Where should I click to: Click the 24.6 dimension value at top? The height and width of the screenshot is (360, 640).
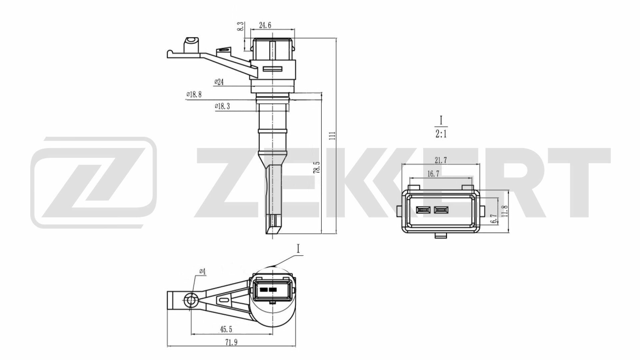click(265, 25)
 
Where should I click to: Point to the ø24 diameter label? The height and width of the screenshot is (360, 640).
click(219, 82)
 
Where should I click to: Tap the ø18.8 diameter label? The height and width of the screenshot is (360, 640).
click(194, 95)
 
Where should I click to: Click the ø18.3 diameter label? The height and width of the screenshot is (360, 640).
click(222, 106)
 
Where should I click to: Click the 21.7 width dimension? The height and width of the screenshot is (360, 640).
click(441, 160)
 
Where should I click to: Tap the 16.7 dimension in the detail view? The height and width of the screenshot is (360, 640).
click(433, 174)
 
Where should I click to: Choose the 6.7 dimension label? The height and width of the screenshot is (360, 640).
click(494, 219)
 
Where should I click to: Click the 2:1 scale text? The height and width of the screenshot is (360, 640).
click(441, 134)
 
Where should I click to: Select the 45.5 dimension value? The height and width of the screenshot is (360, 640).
click(226, 330)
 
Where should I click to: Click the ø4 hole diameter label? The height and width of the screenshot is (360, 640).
click(202, 272)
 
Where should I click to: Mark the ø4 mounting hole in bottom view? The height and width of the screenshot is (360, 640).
click(191, 301)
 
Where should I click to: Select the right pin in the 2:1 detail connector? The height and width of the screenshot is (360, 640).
click(441, 210)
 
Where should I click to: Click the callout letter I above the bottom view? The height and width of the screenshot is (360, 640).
click(298, 249)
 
